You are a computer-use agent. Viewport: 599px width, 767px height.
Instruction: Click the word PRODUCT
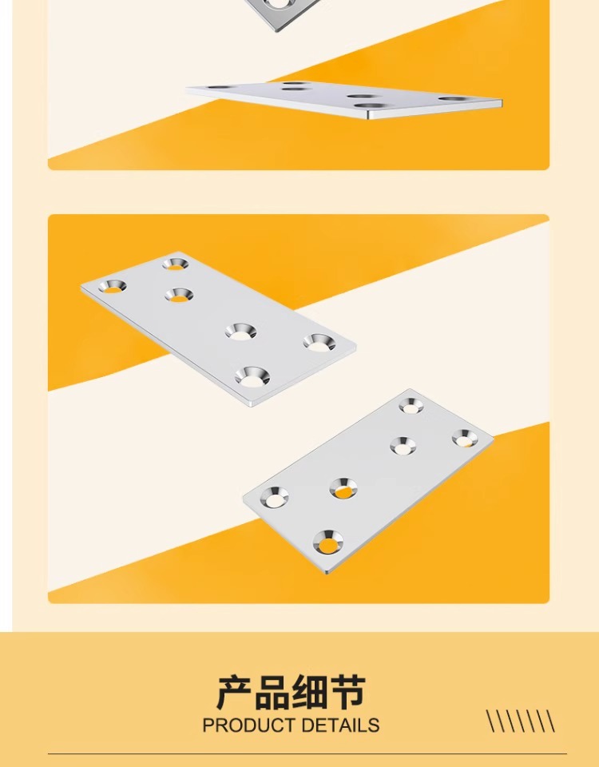249,725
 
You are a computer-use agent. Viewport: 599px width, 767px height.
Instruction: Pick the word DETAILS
340,725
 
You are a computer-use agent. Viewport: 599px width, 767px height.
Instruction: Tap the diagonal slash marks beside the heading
521,721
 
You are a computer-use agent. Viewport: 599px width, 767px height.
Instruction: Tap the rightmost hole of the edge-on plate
452,99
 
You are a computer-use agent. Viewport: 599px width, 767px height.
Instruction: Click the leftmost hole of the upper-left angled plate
113,286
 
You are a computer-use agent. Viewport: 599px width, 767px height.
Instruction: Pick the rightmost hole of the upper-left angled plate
319,343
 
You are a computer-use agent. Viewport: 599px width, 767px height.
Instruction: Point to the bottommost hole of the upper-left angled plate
252,376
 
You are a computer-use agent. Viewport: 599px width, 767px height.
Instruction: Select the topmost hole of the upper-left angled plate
176,264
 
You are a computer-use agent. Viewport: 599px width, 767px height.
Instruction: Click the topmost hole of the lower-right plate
411,406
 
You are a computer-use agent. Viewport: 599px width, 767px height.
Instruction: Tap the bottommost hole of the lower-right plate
327,542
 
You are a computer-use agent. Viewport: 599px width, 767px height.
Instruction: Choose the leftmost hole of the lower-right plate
274,497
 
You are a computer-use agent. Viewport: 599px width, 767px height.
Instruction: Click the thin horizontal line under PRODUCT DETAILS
307,753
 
